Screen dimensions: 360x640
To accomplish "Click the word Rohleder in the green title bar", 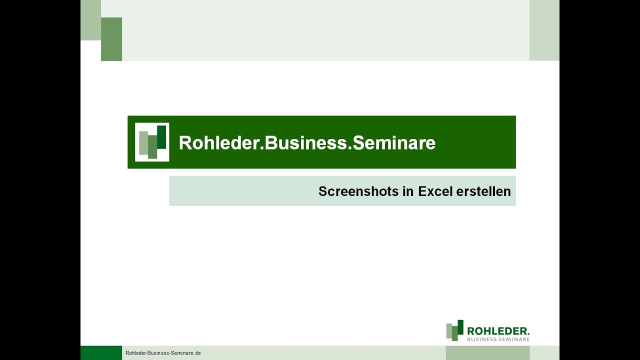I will tap(218, 143).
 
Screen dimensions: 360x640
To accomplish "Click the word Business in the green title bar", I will tap(305, 143).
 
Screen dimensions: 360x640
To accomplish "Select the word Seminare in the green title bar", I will tap(394, 143).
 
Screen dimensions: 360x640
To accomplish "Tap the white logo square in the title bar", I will tap(152, 142).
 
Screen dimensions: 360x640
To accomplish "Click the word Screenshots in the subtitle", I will tap(358, 191).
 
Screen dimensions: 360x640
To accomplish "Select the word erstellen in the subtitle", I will tap(483, 191).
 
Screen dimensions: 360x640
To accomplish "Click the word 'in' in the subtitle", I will tap(408, 191).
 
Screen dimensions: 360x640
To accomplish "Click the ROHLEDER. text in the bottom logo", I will tap(498, 330).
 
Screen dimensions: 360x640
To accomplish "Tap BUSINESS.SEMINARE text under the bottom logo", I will tap(498, 339).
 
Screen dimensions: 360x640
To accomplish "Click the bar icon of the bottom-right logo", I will tap(454, 330).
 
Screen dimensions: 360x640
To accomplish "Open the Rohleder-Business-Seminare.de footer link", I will tap(163, 353).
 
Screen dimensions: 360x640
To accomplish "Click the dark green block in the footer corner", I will tap(101, 353).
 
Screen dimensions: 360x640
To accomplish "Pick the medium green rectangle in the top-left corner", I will tap(111, 39).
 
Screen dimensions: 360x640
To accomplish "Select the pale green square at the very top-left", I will tap(90, 20).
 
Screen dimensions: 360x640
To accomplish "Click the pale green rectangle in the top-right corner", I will tap(544, 30).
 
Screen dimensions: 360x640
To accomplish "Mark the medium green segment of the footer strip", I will tap(487, 353).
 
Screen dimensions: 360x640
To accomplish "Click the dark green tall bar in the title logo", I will tap(161, 137).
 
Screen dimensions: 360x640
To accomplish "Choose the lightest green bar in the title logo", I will tap(143, 143).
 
